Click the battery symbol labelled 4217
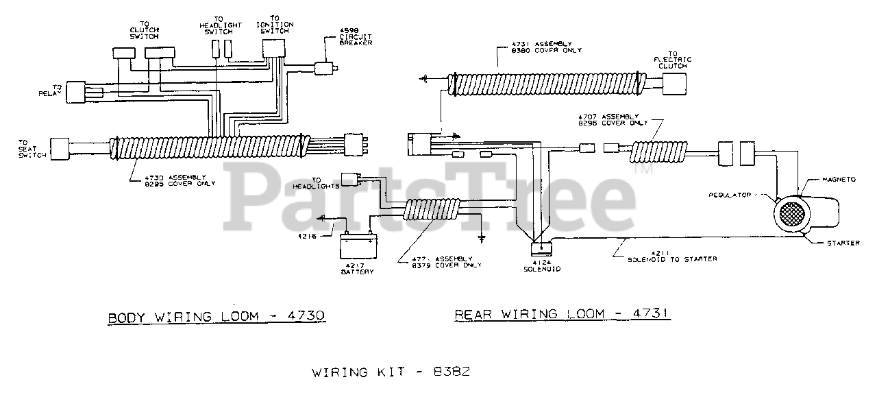[358, 245]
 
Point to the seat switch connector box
[61, 148]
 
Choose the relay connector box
[76, 93]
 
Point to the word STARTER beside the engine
[843, 243]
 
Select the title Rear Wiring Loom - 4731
[563, 314]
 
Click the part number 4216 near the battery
[307, 237]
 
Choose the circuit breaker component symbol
[323, 68]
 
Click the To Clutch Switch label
[145, 32]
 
